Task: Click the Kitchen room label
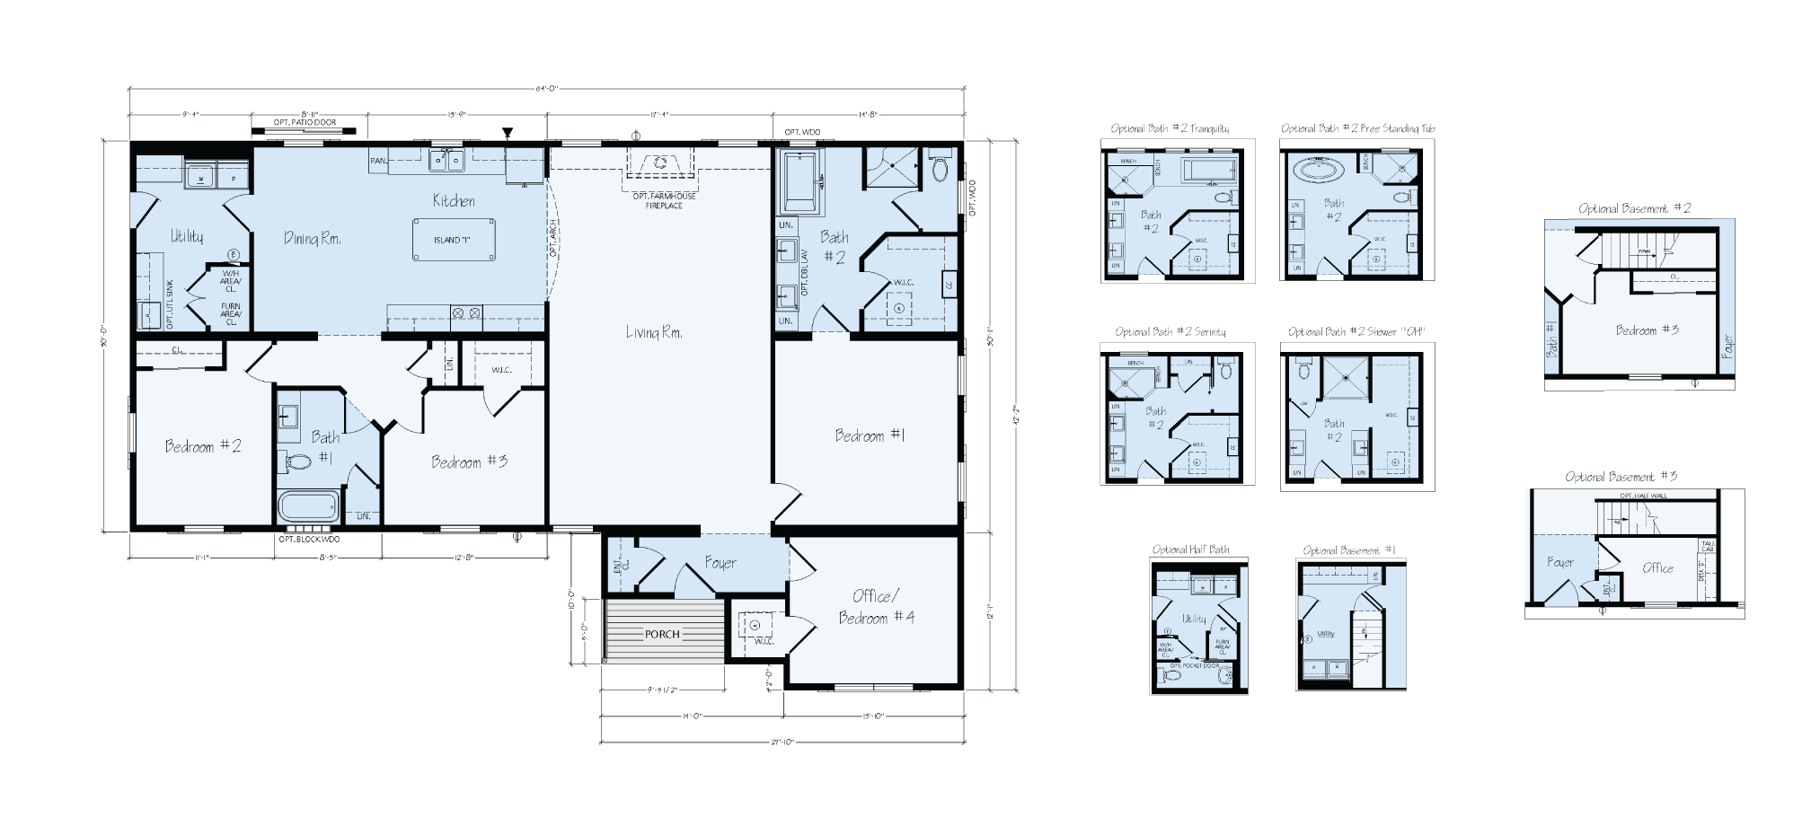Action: point(454,200)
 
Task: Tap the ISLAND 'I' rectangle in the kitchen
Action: point(454,240)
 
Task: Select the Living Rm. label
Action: point(654,333)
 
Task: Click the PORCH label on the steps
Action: point(663,634)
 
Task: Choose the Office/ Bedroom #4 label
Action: point(876,607)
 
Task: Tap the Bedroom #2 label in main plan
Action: point(203,446)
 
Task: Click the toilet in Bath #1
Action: point(295,461)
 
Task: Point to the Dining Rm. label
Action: point(312,238)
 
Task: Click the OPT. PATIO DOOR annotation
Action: point(305,122)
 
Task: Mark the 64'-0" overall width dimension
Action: point(547,88)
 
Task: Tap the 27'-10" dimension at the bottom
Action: point(782,743)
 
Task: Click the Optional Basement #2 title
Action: point(1635,208)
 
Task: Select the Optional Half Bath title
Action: point(1191,549)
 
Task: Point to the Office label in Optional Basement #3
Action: point(1657,567)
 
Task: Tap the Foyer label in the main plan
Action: point(720,563)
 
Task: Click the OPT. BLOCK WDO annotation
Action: point(309,540)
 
